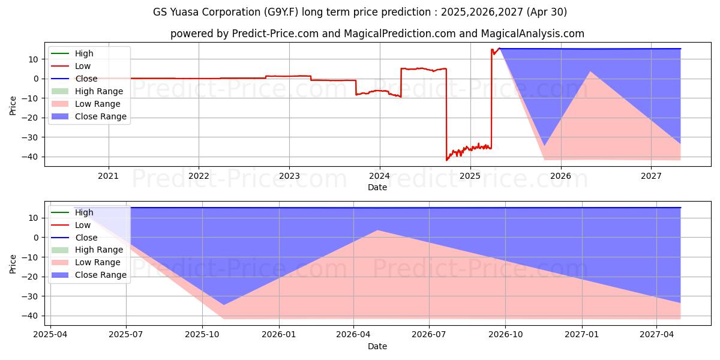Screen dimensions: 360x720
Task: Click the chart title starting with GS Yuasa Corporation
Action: click(360, 12)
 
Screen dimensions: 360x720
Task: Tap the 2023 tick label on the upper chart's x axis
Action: click(289, 176)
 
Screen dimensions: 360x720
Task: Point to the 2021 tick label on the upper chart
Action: click(109, 176)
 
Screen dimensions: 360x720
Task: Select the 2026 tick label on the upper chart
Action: click(560, 176)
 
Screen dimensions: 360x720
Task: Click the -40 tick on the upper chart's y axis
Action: click(31, 157)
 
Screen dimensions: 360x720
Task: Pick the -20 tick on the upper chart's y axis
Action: click(31, 118)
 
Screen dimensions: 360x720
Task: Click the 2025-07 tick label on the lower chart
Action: click(126, 335)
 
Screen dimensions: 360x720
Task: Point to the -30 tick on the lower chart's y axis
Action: click(31, 296)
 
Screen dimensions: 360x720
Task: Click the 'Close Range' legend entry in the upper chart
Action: click(100, 117)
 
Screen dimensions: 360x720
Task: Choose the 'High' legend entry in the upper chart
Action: click(84, 53)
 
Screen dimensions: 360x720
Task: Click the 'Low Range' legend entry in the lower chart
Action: click(97, 262)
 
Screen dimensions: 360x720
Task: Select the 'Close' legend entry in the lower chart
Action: click(86, 238)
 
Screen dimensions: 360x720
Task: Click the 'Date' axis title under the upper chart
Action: click(377, 187)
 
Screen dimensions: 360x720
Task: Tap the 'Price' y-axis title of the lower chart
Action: click(13, 264)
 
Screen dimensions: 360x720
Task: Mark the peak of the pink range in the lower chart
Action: click(377, 230)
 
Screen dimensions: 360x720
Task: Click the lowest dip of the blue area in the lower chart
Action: click(224, 304)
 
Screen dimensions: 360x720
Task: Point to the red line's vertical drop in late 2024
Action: click(446, 114)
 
